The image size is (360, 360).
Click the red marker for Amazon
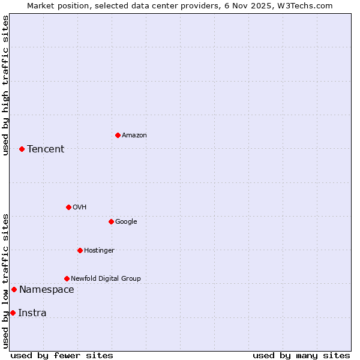118,135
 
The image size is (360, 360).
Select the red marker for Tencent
22,149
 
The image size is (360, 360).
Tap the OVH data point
68,207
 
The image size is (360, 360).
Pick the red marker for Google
111,221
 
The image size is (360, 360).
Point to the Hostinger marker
80,250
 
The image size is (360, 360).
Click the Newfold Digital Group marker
67,278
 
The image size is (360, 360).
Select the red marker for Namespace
14,289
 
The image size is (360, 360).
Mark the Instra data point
13,313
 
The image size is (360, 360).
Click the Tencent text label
46,149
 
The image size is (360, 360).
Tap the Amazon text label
134,136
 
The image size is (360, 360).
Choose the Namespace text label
46,290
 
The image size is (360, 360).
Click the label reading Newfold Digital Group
106,278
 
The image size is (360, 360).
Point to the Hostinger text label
99,250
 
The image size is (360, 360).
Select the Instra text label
32,313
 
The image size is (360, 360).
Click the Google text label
126,222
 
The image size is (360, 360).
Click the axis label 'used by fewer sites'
62,355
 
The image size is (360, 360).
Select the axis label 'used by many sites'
301,355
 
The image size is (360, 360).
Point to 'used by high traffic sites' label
5,85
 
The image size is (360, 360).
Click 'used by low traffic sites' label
5,280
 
